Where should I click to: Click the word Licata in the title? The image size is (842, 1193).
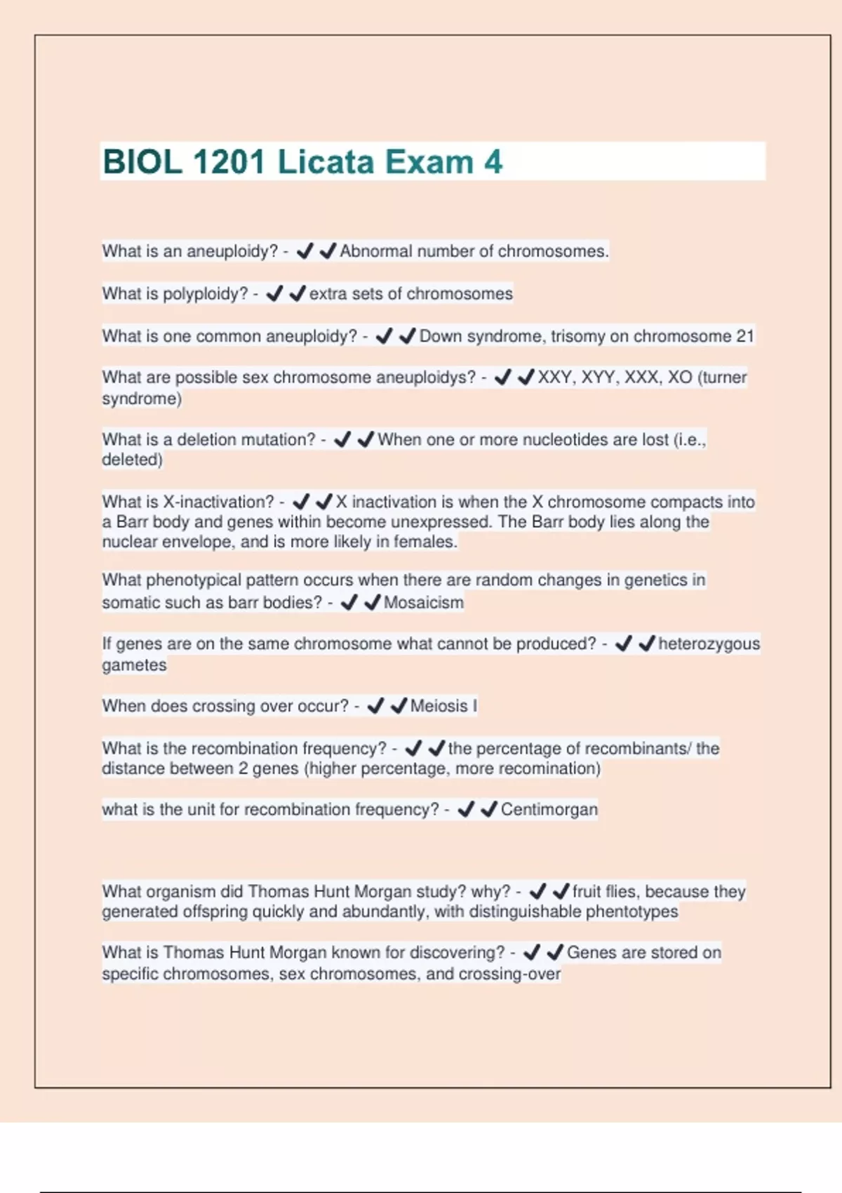[x=325, y=162]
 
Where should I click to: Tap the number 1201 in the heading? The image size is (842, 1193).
[x=228, y=162]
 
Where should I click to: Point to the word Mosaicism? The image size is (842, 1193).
[x=423, y=602]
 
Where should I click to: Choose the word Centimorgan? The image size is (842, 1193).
[x=549, y=809]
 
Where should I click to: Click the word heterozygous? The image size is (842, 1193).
[x=709, y=644]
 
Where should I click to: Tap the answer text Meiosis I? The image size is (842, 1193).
[x=443, y=706]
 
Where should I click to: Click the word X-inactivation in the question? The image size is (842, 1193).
[x=218, y=502]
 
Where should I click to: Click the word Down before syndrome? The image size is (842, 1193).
[x=441, y=336]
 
